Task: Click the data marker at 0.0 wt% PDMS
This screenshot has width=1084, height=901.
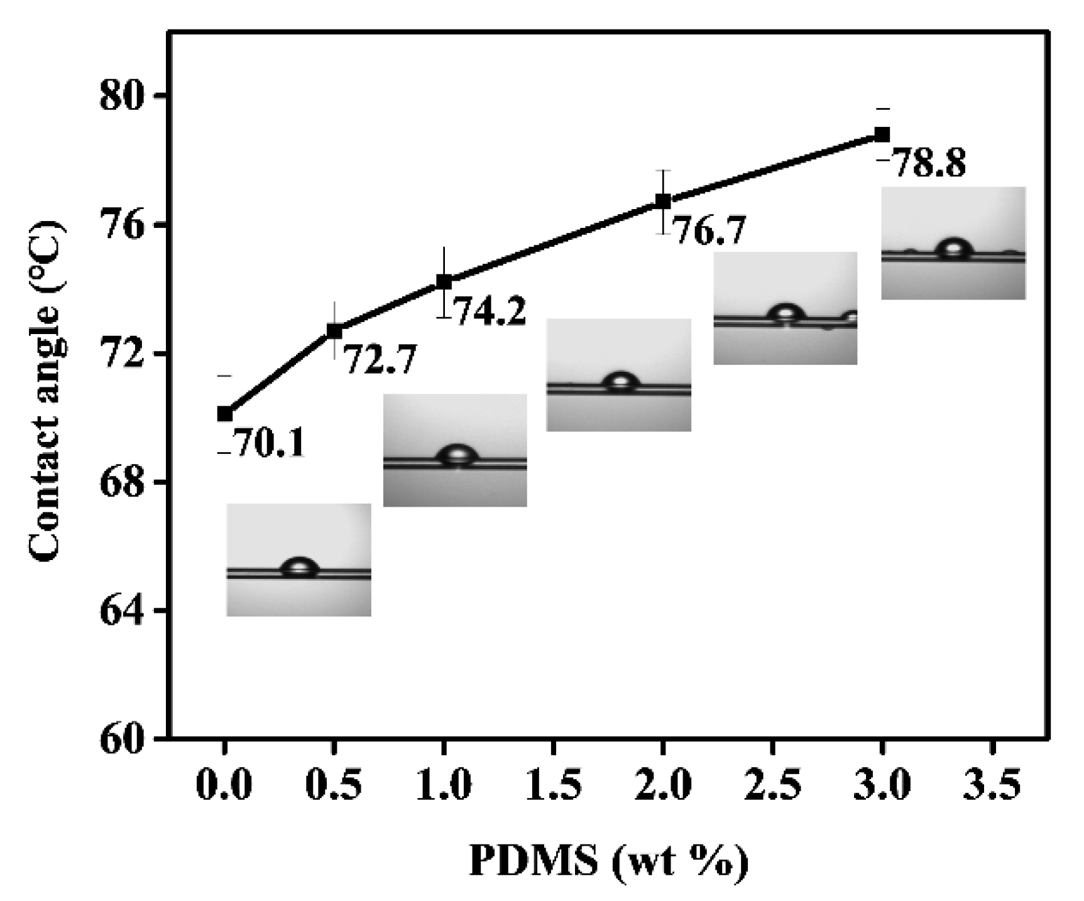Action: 224,414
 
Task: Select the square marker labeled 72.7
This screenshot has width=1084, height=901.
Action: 334,331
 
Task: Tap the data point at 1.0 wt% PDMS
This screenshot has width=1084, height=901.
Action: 444,282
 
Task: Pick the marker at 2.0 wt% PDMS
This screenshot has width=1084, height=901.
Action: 663,201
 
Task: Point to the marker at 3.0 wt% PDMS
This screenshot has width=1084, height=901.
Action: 882,134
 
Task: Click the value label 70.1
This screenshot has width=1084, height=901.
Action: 269,443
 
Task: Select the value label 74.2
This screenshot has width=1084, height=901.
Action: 489,311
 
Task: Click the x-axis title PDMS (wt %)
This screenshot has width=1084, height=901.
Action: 608,862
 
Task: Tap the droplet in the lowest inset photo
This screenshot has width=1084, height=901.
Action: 300,567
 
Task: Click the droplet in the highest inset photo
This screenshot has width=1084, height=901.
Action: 953,249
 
